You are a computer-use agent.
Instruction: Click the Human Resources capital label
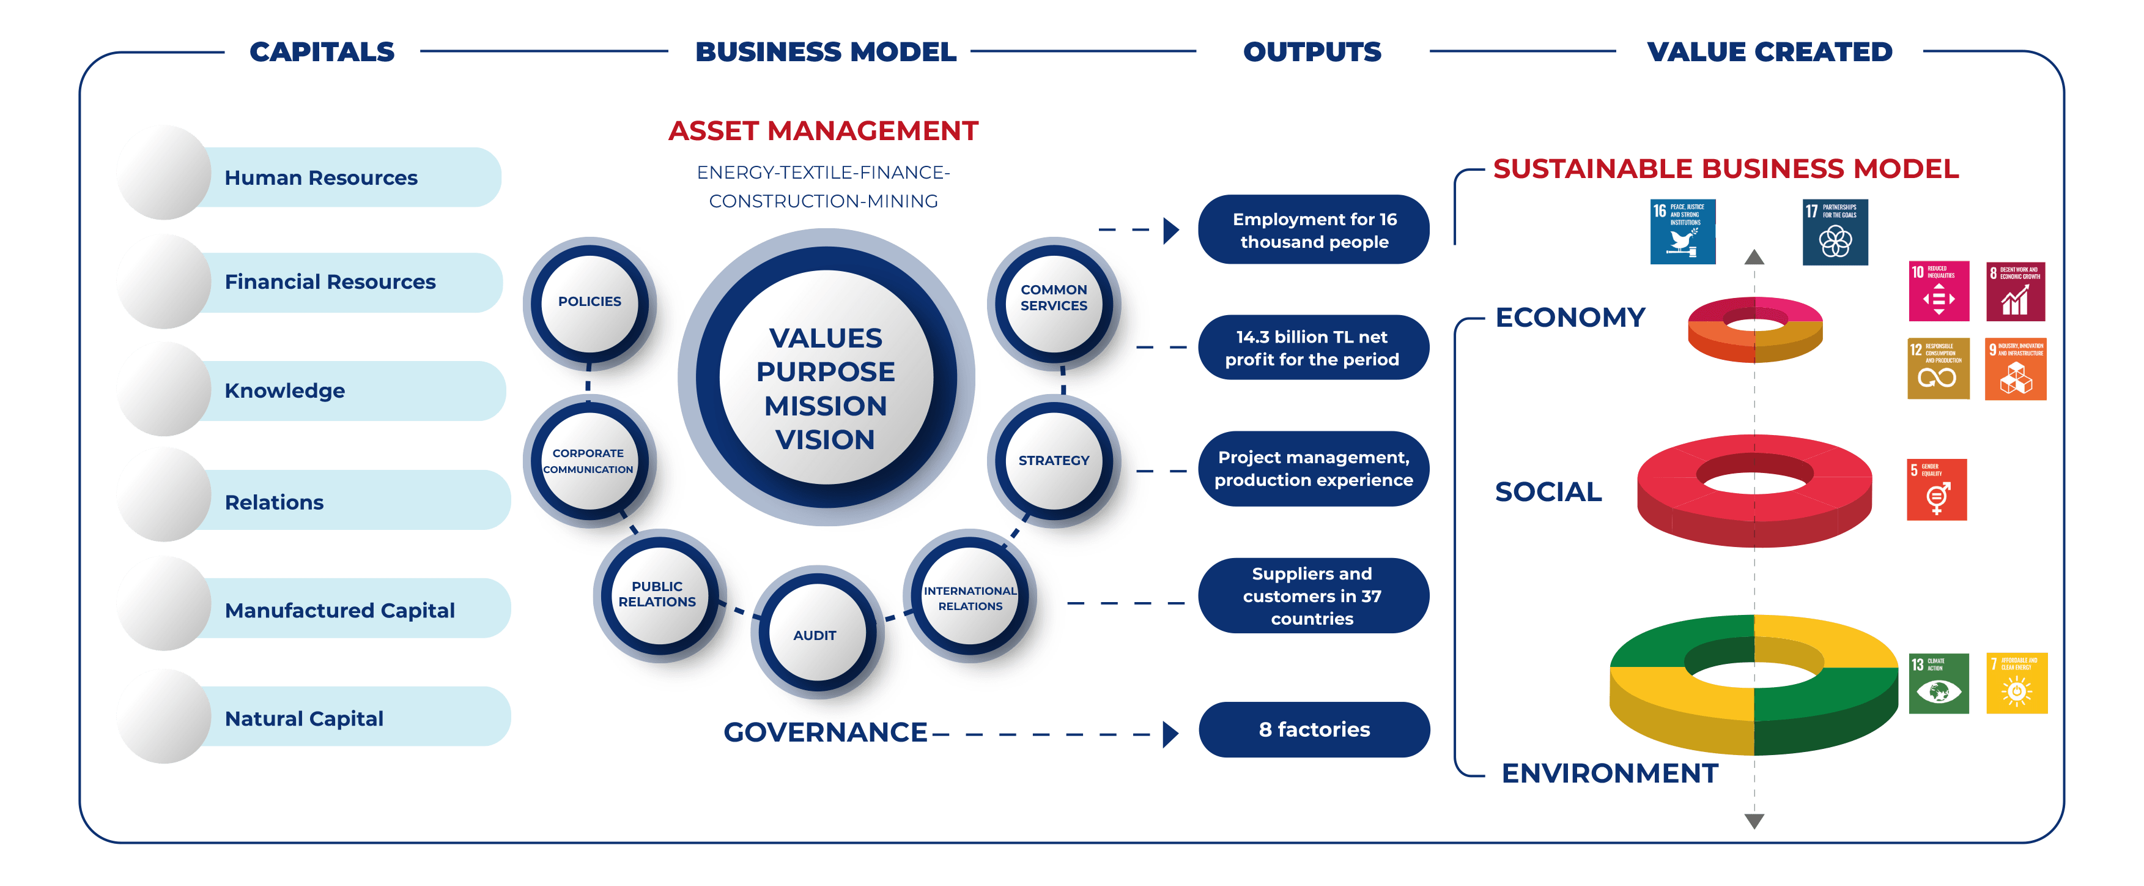click(x=321, y=178)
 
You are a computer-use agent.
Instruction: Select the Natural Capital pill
click(x=305, y=718)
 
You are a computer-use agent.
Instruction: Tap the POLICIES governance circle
click(x=590, y=302)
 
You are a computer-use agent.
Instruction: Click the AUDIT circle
click(x=815, y=635)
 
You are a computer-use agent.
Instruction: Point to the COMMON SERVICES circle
click(x=1054, y=298)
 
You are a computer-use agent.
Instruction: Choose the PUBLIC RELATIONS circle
click(x=657, y=594)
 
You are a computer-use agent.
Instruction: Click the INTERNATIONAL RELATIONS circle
click(x=970, y=598)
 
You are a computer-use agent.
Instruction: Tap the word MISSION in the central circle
click(x=826, y=406)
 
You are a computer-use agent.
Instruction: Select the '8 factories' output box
click(x=1314, y=729)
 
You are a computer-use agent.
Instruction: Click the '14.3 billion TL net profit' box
click(x=1312, y=348)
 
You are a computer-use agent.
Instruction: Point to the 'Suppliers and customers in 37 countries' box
click(x=1312, y=596)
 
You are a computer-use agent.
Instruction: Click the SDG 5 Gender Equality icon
click(x=1937, y=490)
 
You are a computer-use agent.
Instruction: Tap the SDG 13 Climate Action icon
click(x=1939, y=683)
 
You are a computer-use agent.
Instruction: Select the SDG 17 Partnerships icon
click(x=1835, y=233)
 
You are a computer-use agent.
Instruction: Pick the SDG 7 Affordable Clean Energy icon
click(x=2017, y=683)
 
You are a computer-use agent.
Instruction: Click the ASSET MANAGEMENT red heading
click(x=823, y=131)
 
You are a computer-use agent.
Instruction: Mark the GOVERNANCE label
click(x=825, y=732)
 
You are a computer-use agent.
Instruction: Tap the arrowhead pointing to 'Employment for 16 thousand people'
click(x=1170, y=230)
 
